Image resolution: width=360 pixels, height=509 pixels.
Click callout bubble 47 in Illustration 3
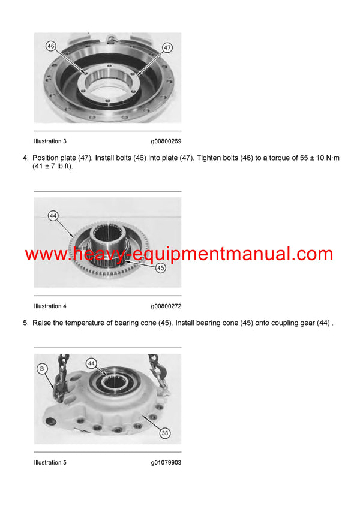tap(167, 47)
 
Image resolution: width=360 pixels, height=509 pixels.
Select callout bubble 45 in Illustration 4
tap(161, 268)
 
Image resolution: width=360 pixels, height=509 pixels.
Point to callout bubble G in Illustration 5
tap(41, 369)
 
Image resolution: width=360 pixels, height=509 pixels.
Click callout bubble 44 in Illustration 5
tap(91, 363)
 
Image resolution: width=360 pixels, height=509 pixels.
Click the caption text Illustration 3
tap(50, 141)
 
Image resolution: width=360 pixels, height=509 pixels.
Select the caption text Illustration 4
tap(50, 305)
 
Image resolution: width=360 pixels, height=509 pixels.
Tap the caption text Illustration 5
tap(50, 462)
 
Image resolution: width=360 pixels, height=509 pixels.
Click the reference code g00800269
tap(166, 141)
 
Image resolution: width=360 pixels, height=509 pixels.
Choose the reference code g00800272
tap(166, 305)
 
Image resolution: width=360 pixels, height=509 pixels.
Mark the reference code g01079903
tap(166, 462)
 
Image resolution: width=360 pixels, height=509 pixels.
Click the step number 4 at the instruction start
tap(25, 158)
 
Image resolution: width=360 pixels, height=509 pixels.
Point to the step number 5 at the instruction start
tap(25, 323)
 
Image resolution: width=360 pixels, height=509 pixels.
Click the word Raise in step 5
tap(43, 323)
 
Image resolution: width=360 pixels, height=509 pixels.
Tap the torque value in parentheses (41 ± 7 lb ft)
tap(52, 167)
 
